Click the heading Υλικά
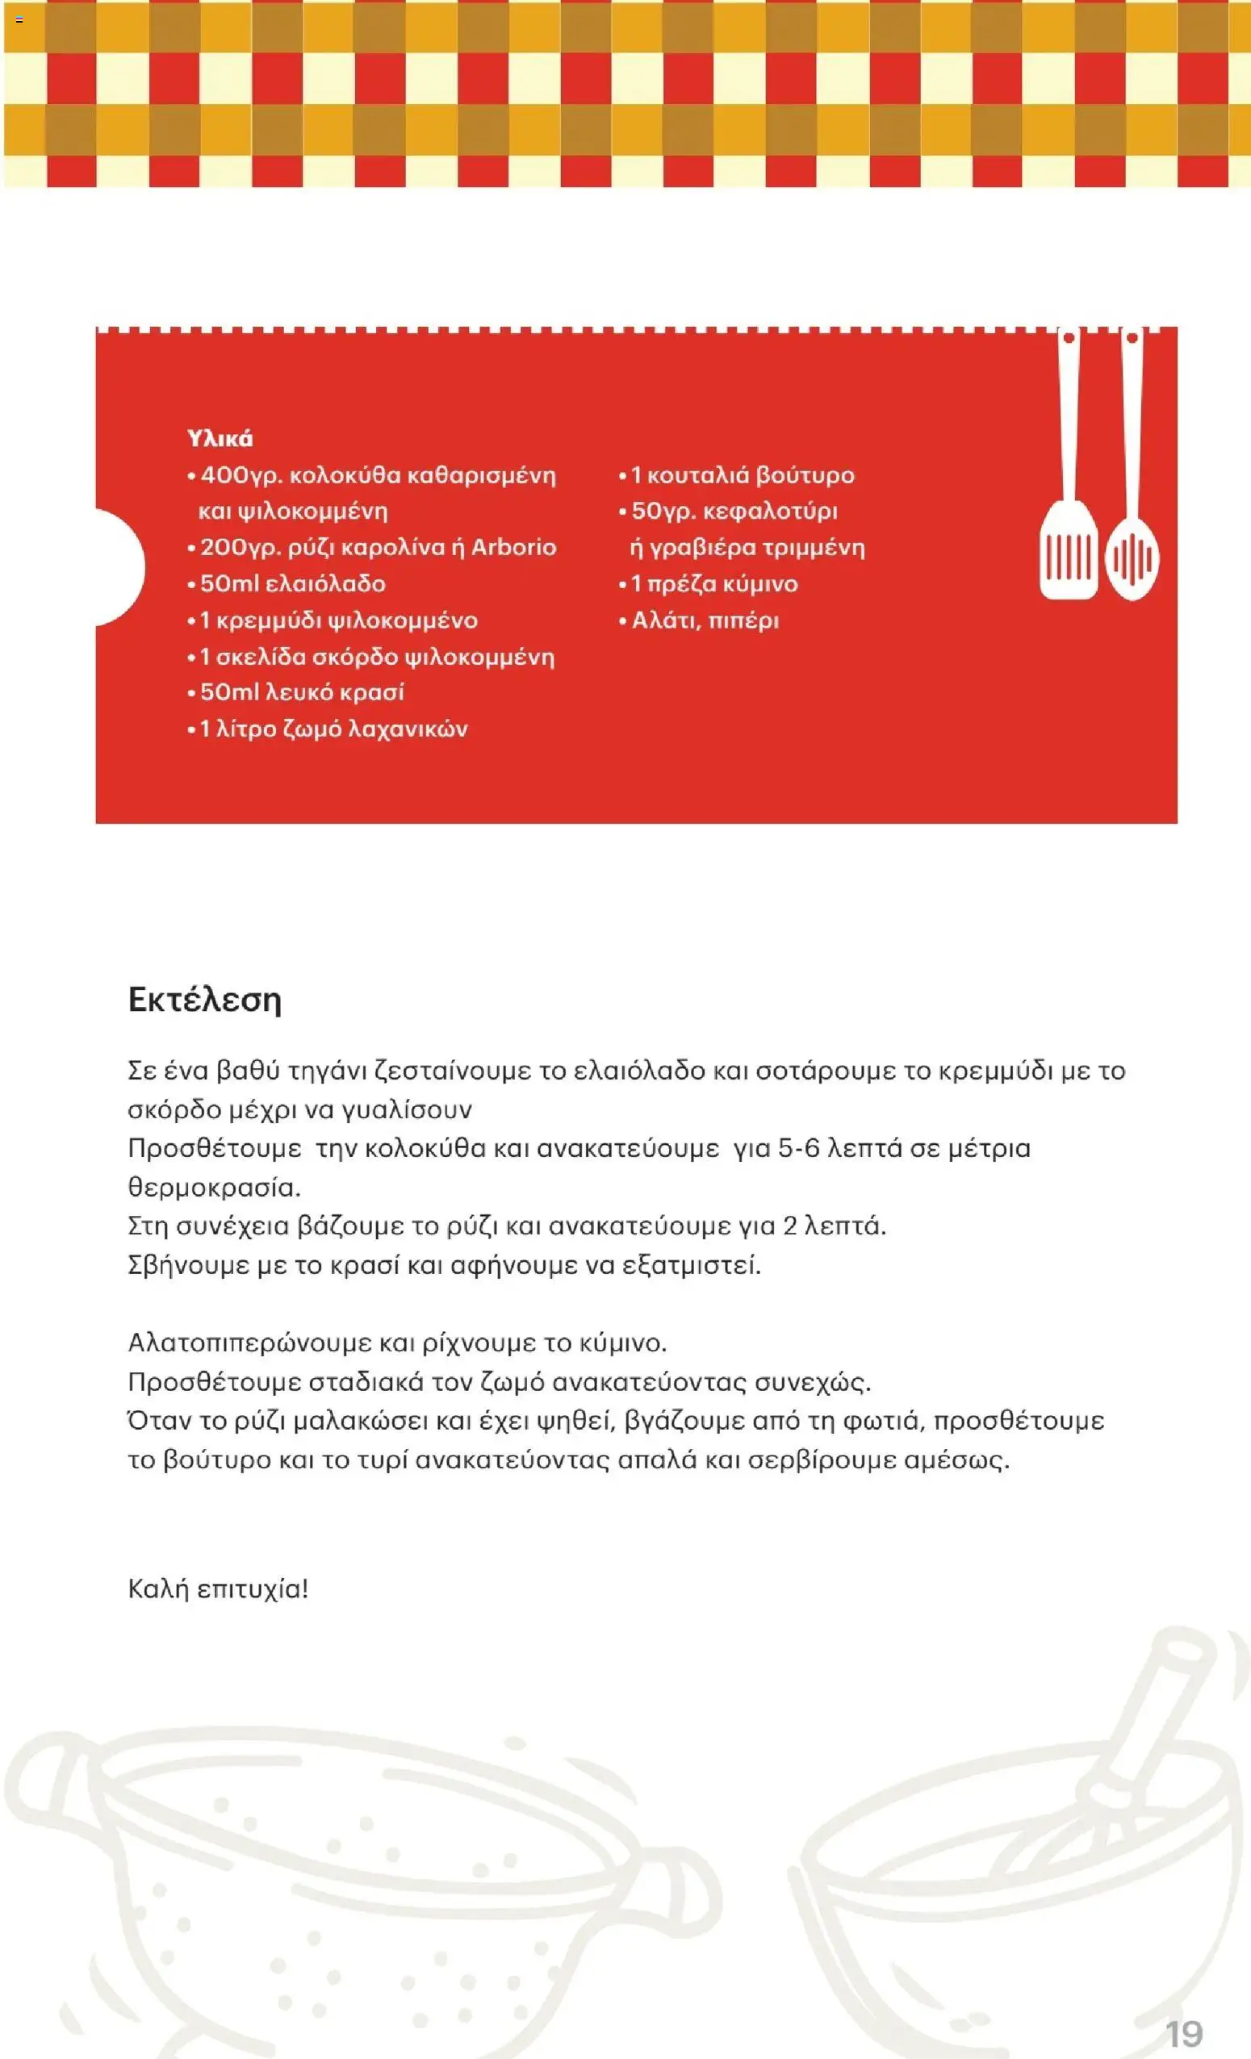coord(220,439)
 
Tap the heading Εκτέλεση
coord(205,1000)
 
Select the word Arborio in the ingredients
coord(514,547)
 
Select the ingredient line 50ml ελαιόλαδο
coord(291,583)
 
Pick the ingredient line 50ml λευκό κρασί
coord(302,692)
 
